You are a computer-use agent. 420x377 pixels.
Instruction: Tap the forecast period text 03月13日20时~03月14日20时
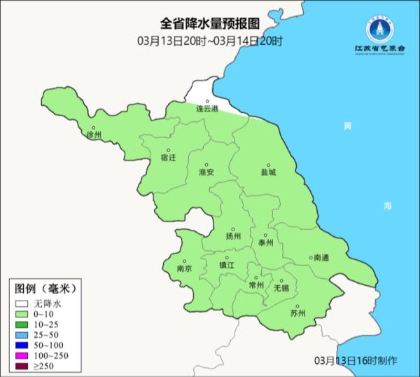pyautogui.click(x=210, y=41)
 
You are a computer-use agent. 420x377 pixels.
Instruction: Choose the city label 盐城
pyautogui.click(x=268, y=172)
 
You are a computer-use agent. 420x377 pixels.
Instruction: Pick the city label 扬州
pyautogui.click(x=234, y=236)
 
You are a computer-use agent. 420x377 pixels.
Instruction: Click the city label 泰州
pyautogui.click(x=265, y=242)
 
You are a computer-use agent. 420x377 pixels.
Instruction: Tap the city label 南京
pyautogui.click(x=184, y=268)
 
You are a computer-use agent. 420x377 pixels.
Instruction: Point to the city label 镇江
pyautogui.click(x=227, y=265)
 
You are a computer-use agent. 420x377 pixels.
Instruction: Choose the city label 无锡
pyautogui.click(x=281, y=288)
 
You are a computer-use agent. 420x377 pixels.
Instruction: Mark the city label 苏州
pyautogui.click(x=297, y=313)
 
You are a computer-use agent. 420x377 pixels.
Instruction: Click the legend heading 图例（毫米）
pyautogui.click(x=44, y=287)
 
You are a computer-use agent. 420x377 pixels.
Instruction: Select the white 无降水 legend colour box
pyautogui.click(x=22, y=303)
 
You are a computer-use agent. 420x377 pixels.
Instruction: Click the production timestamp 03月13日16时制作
pyautogui.click(x=356, y=360)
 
